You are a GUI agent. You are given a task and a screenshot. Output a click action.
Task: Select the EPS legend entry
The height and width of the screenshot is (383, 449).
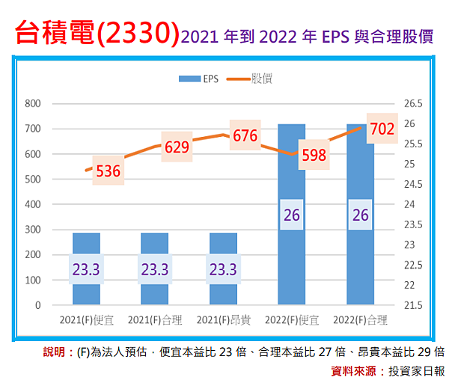[x=199, y=78]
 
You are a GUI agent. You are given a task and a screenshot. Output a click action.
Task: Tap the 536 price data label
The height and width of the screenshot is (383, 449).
[x=109, y=171]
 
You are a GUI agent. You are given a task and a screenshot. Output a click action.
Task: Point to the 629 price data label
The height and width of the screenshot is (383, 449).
[x=177, y=147]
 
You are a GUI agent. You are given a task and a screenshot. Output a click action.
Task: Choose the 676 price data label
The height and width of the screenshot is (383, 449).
[x=245, y=135]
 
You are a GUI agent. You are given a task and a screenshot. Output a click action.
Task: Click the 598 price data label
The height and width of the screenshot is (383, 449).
[x=314, y=155]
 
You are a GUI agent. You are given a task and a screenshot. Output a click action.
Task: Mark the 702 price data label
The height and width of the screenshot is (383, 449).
[x=382, y=129]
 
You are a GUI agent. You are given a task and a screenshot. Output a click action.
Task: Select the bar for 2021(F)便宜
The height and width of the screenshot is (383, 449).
[x=86, y=269]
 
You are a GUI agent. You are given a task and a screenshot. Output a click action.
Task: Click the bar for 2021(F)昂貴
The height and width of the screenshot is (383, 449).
[x=223, y=269]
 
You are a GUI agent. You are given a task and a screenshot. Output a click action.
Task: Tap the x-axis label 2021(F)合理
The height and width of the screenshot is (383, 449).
[x=154, y=320]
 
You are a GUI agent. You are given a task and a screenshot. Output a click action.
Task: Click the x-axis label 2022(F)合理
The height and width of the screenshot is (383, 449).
[x=360, y=320]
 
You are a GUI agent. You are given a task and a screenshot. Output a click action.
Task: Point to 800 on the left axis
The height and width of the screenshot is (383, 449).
[x=32, y=103]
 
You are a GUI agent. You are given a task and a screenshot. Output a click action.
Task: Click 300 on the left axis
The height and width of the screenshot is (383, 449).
[x=32, y=230]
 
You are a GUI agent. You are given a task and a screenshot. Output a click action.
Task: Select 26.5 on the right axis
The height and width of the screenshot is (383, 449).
[x=413, y=103]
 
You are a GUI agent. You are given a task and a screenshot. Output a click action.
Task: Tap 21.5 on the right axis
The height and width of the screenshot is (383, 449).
[x=413, y=305]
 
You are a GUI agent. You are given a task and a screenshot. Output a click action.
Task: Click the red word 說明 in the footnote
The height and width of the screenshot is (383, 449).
[x=58, y=352]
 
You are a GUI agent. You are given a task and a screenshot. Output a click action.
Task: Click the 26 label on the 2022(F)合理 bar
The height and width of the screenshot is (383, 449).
[x=360, y=215]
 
